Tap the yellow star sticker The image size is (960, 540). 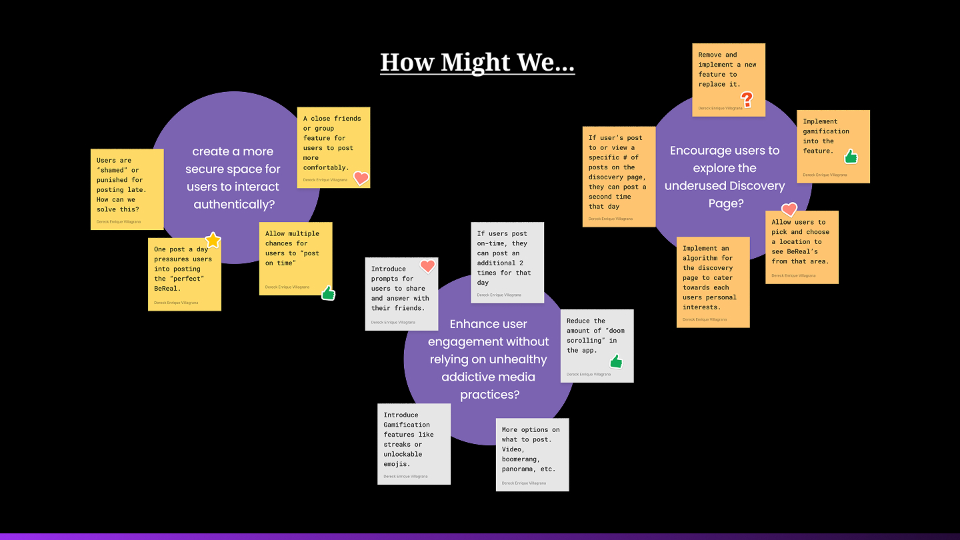pyautogui.click(x=213, y=241)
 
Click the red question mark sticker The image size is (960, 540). pyautogui.click(x=747, y=99)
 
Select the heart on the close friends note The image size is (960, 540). pyautogui.click(x=361, y=178)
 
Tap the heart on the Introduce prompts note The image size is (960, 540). pyautogui.click(x=427, y=266)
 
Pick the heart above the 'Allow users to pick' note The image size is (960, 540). pyautogui.click(x=789, y=209)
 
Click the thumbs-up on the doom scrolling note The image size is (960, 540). pyautogui.click(x=616, y=361)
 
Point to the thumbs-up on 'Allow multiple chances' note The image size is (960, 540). pyautogui.click(x=328, y=293)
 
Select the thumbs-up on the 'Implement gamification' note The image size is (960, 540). pyautogui.click(x=851, y=157)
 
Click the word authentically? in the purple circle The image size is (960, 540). pyautogui.click(x=234, y=205)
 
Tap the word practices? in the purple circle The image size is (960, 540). pyautogui.click(x=489, y=394)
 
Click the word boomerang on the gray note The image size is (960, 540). pyautogui.click(x=520, y=459)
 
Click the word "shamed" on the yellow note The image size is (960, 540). pyautogui.click(x=112, y=170)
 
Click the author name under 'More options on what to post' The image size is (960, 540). pyautogui.click(x=524, y=483)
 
